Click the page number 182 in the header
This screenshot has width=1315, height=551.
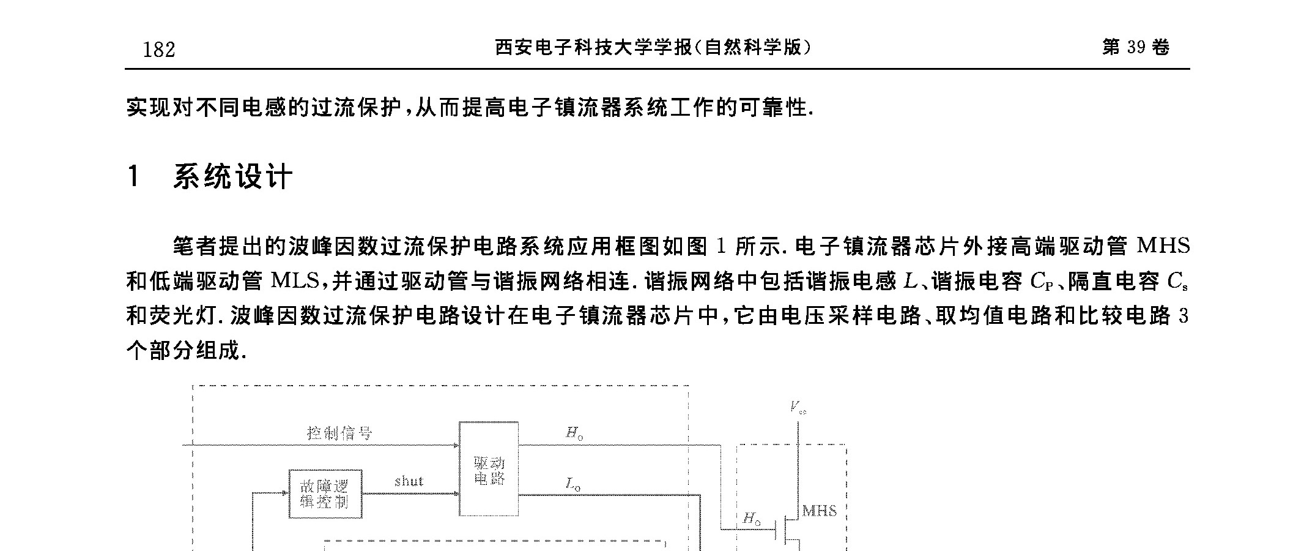coord(159,49)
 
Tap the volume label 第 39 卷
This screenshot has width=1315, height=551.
coord(1136,48)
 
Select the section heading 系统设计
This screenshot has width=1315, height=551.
coord(233,177)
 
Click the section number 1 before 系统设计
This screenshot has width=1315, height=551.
coord(134,177)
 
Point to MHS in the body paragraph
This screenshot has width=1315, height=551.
coord(1163,246)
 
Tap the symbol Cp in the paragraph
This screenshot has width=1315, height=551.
coord(1042,282)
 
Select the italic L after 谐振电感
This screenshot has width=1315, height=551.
coord(909,282)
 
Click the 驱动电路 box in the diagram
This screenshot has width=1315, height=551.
coord(489,468)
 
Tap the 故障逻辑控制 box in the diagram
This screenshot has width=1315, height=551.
coord(325,493)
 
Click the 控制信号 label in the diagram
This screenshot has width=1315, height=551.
coord(339,433)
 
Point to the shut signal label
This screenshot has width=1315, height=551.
coord(409,481)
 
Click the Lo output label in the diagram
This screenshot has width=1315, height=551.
coord(573,485)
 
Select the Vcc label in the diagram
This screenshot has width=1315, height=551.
coord(798,407)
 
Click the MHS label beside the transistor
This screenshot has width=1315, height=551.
coord(820,511)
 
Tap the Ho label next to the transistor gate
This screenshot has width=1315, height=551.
coord(752,519)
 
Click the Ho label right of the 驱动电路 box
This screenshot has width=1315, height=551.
coord(574,433)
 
